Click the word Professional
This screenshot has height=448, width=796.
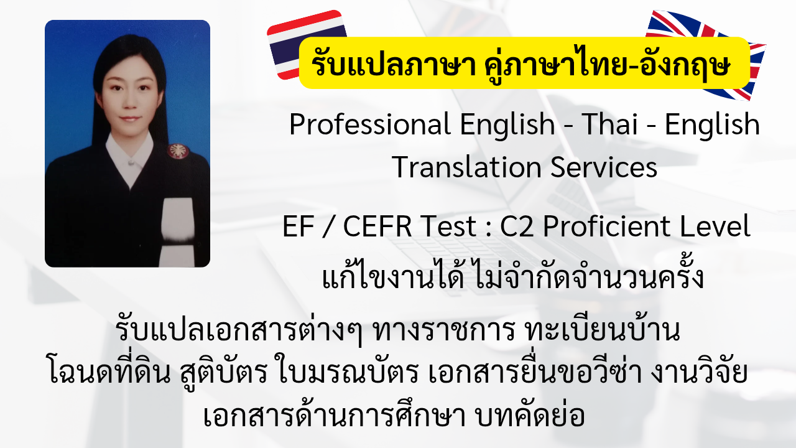pos(370,125)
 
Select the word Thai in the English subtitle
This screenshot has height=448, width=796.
pos(610,124)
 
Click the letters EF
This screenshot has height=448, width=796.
pos(298,226)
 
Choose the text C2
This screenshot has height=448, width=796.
pos(517,226)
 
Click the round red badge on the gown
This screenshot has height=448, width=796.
pos(178,151)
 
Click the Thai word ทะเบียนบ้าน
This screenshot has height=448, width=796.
pos(603,330)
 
